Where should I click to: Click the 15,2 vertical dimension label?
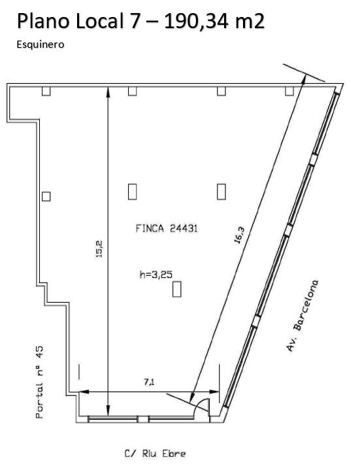click(x=99, y=248)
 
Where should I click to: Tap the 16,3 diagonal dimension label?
click(x=239, y=235)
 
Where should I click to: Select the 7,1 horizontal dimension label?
click(x=149, y=382)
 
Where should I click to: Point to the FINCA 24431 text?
click(x=167, y=228)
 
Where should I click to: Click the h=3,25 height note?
click(x=156, y=275)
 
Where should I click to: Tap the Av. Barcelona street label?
click(x=303, y=316)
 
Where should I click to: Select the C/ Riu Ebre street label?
click(x=155, y=454)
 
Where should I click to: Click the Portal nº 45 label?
click(x=39, y=382)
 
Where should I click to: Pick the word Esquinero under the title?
click(x=41, y=44)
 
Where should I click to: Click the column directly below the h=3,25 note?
click(x=176, y=289)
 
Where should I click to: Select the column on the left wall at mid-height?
click(x=46, y=197)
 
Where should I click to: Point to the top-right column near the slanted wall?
click(x=289, y=91)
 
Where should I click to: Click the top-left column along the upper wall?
click(x=46, y=91)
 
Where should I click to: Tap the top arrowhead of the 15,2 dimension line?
click(x=108, y=92)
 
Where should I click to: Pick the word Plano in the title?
click(x=44, y=21)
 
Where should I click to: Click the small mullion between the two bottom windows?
click(x=143, y=419)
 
